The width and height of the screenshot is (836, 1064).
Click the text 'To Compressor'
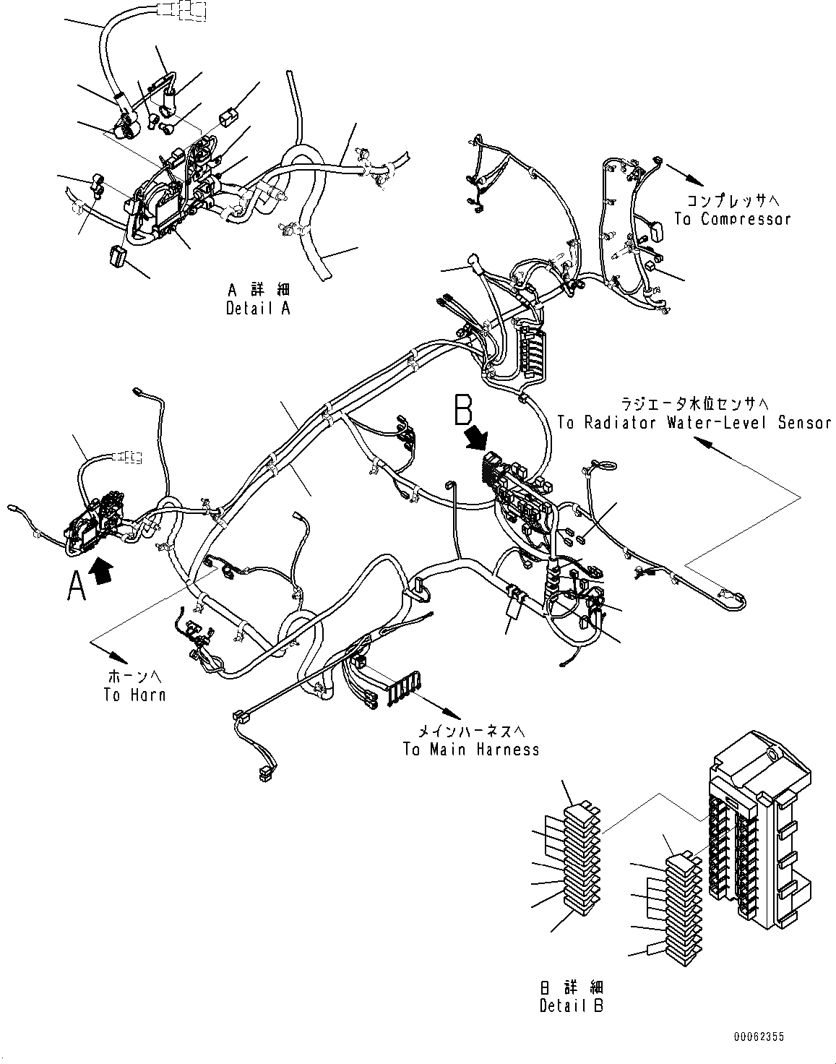tap(732, 218)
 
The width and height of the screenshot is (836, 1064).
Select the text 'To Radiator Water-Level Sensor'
tap(694, 423)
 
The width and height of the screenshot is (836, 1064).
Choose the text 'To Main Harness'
tap(471, 749)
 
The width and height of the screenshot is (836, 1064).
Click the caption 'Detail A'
tap(259, 308)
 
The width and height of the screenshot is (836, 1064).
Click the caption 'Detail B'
tap(571, 1005)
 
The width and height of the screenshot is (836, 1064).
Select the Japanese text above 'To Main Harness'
tap(471, 731)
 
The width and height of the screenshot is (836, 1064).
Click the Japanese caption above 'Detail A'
tap(259, 291)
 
